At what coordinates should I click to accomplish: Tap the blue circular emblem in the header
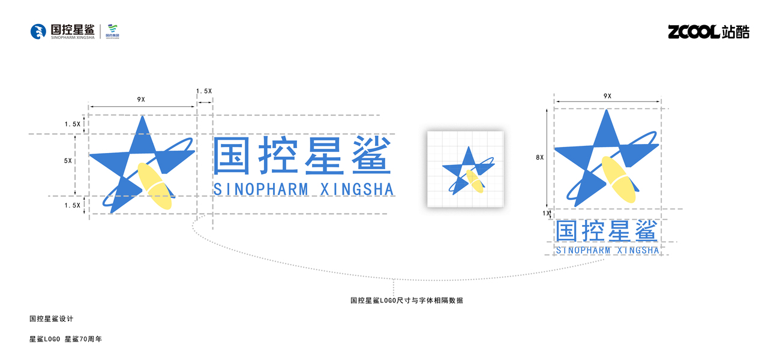coord(38,32)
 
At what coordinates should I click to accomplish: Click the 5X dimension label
coord(68,161)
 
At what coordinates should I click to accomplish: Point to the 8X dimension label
coord(539,157)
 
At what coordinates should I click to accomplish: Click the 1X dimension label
coord(546,213)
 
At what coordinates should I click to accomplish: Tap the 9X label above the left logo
coord(142,98)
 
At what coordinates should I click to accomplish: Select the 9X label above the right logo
coord(607,96)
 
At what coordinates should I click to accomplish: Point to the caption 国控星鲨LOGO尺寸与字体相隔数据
coord(406,301)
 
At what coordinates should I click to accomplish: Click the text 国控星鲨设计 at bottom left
coord(51,319)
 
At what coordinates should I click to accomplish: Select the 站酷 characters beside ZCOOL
coord(736,32)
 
